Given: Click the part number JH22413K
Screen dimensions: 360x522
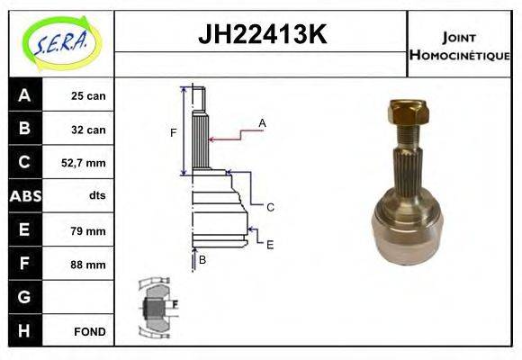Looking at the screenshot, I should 261,34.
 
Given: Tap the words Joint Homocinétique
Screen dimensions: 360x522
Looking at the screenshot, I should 459,45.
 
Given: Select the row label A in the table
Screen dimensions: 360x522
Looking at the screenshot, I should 23,95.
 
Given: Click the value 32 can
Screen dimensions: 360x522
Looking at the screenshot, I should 88,130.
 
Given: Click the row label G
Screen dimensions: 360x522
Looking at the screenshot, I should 23,297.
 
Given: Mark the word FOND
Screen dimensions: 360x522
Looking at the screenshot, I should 90,331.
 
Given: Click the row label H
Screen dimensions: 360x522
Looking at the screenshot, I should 23,330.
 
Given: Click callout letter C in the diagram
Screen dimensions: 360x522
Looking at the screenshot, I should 269,207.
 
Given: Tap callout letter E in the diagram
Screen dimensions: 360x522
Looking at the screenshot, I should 269,243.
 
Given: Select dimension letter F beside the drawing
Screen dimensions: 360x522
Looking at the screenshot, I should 173,133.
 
